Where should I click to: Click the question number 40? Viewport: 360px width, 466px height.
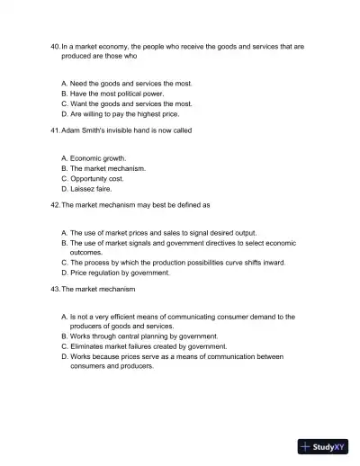click(55, 44)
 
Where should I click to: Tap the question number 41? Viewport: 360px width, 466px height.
click(55, 130)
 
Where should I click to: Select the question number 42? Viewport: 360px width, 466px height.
click(55, 205)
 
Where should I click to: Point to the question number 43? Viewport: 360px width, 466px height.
click(55, 289)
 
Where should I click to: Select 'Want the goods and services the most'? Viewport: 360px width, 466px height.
click(130, 103)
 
